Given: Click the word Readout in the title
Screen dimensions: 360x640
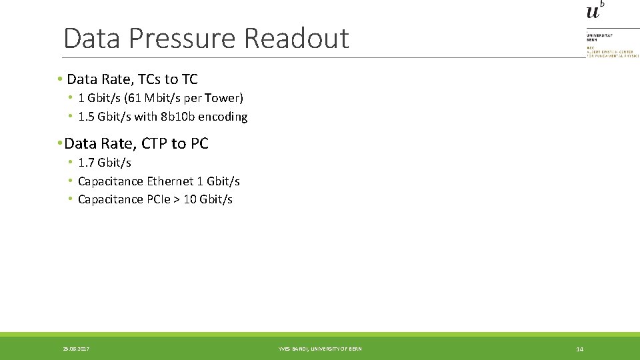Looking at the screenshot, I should (x=296, y=39).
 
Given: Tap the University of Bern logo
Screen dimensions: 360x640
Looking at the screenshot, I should (x=595, y=11).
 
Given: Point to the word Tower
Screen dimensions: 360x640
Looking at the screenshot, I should (x=223, y=98).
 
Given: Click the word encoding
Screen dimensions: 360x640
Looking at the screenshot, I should (x=223, y=117).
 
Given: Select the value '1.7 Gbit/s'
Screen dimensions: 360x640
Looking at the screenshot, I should (x=105, y=163).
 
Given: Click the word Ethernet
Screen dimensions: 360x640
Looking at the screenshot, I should (x=171, y=181).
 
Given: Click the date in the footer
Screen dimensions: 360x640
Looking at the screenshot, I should (x=77, y=349).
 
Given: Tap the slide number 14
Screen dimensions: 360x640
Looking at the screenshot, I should (x=579, y=349).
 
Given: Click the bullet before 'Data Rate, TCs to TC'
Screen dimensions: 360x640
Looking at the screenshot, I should (x=59, y=79).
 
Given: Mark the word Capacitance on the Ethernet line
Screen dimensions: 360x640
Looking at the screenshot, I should (x=111, y=181).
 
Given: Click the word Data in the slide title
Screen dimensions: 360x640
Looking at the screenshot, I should (x=90, y=39).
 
